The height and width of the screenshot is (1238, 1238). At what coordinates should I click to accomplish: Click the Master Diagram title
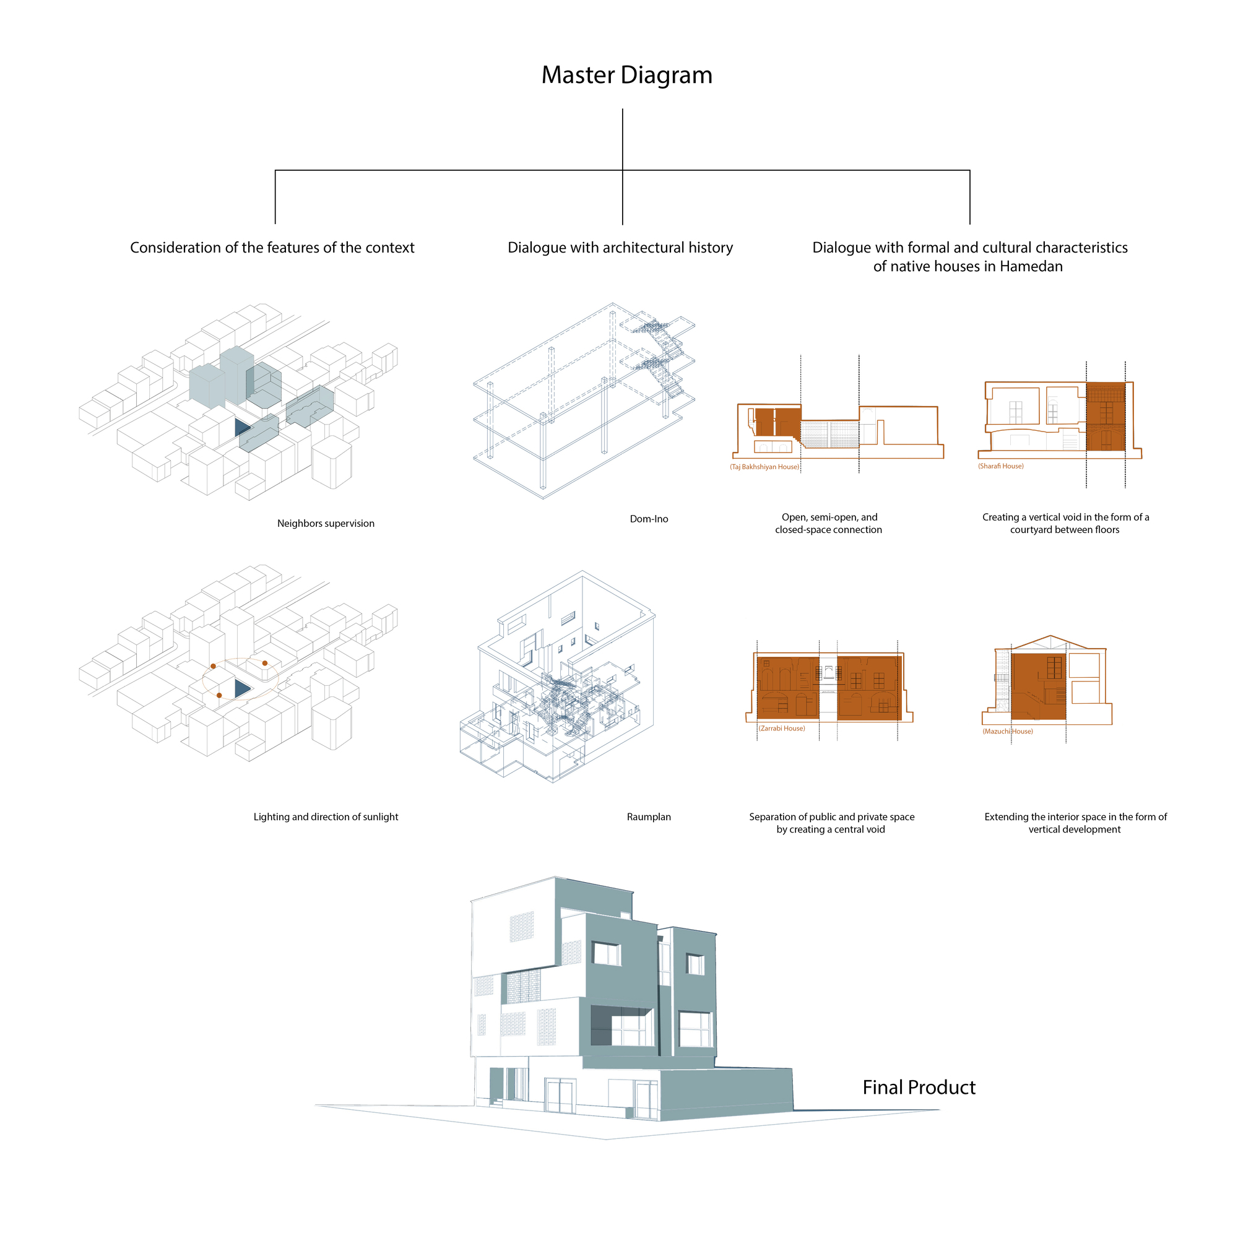[x=626, y=76]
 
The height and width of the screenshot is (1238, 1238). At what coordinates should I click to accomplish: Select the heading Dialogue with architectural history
[x=620, y=248]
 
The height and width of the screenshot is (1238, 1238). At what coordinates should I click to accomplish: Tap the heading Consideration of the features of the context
[x=272, y=248]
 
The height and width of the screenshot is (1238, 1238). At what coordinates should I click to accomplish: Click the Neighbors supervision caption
[x=326, y=524]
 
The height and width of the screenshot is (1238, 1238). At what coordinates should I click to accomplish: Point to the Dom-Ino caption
[x=649, y=519]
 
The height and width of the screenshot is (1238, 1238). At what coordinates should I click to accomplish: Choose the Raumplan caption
[x=649, y=817]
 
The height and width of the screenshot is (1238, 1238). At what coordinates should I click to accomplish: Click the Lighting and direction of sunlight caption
[x=326, y=817]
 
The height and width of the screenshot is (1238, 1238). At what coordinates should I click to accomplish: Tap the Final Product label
[x=919, y=1088]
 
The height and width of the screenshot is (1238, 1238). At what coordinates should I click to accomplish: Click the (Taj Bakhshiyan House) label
[x=764, y=467]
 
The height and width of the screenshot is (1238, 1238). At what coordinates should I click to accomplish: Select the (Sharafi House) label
[x=1000, y=467]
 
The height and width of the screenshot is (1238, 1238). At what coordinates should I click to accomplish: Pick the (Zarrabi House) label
[x=782, y=729]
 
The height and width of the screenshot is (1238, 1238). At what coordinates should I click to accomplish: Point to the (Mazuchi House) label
[x=1007, y=732]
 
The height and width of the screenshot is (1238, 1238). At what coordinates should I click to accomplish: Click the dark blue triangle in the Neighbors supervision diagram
[x=241, y=427]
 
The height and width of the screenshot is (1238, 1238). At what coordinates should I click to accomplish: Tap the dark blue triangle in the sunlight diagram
[x=241, y=689]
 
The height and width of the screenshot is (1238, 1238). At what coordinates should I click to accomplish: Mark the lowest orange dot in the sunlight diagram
[x=219, y=695]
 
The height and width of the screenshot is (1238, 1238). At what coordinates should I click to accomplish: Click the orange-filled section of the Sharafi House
[x=1106, y=417]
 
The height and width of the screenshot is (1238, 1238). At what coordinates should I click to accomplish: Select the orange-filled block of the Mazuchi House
[x=1039, y=686]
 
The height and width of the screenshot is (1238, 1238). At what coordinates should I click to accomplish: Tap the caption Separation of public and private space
[x=832, y=817]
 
